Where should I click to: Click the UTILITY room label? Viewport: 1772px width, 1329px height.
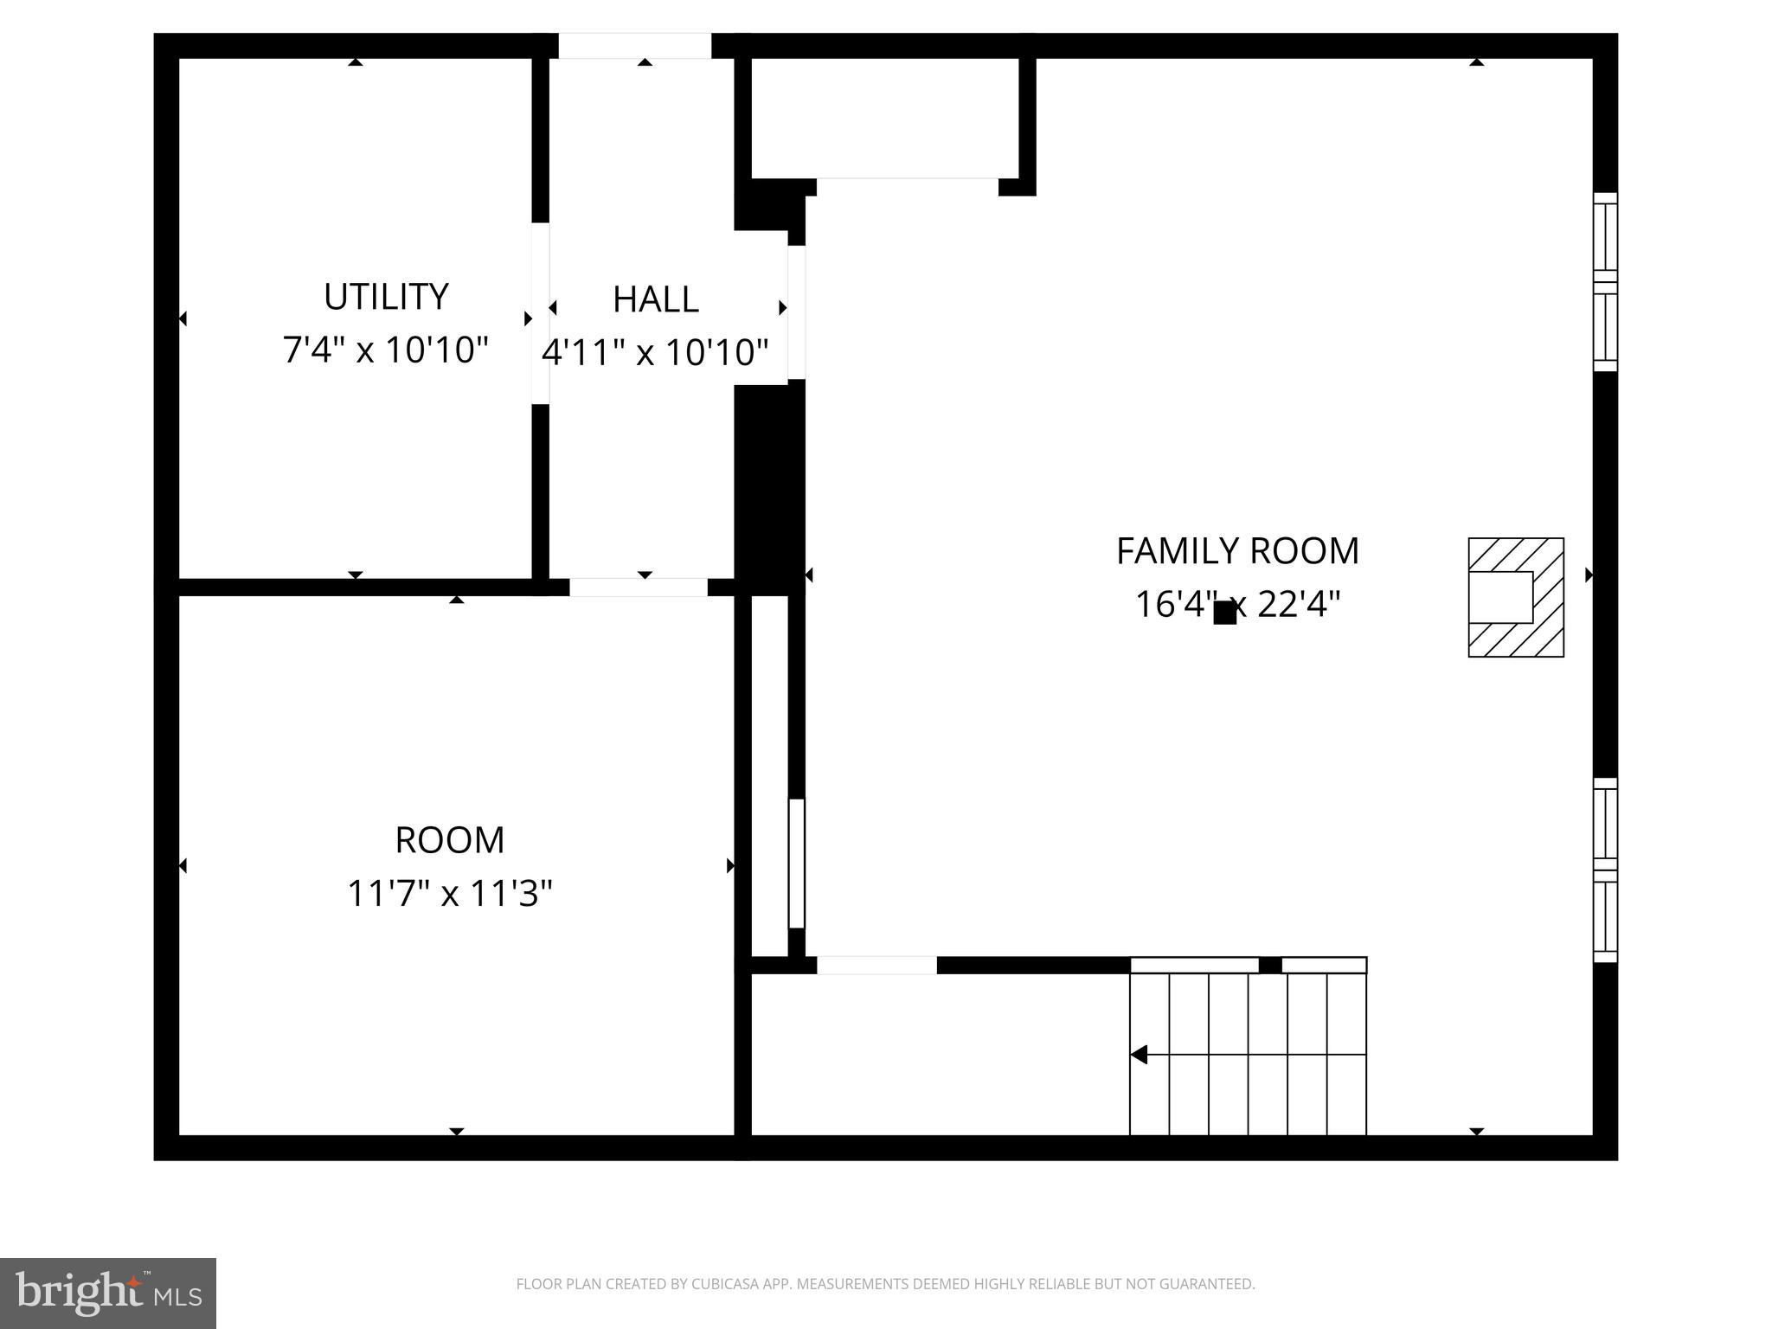pyautogui.click(x=386, y=297)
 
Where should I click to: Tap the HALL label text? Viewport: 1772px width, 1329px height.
pyautogui.click(x=655, y=299)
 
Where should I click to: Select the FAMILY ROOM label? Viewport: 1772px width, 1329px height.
pyautogui.click(x=1236, y=551)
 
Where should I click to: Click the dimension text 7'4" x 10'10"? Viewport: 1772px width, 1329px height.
pyautogui.click(x=386, y=350)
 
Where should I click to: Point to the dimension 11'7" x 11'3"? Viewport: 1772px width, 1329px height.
pyautogui.click(x=449, y=893)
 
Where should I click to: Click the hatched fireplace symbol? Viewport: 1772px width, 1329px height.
pyautogui.click(x=1515, y=597)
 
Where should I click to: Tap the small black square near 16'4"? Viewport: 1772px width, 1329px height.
pyautogui.click(x=1224, y=613)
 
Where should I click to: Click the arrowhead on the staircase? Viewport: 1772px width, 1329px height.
pyautogui.click(x=1139, y=1055)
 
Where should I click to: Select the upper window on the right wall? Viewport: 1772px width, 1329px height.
pyautogui.click(x=1605, y=282)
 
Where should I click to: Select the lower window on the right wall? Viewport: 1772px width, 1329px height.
pyautogui.click(x=1605, y=870)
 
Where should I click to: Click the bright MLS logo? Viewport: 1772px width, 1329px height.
pyautogui.click(x=107, y=1293)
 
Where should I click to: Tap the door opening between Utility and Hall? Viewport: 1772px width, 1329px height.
pyautogui.click(x=540, y=313)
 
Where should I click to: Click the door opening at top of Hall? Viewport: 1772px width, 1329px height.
pyautogui.click(x=634, y=46)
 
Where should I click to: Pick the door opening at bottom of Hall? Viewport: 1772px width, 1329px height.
pyautogui.click(x=638, y=587)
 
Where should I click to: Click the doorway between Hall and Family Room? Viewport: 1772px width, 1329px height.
pyautogui.click(x=796, y=312)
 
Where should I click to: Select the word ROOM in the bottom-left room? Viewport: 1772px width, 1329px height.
pyautogui.click(x=449, y=840)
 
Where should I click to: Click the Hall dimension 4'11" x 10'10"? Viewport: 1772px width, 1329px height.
pyautogui.click(x=655, y=353)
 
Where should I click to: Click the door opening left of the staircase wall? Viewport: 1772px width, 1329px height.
pyautogui.click(x=876, y=965)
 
